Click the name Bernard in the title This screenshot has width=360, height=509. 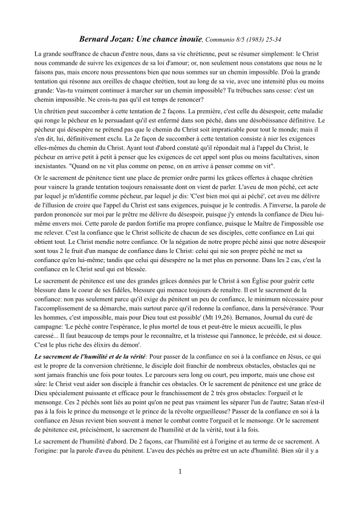click(96, 39)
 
